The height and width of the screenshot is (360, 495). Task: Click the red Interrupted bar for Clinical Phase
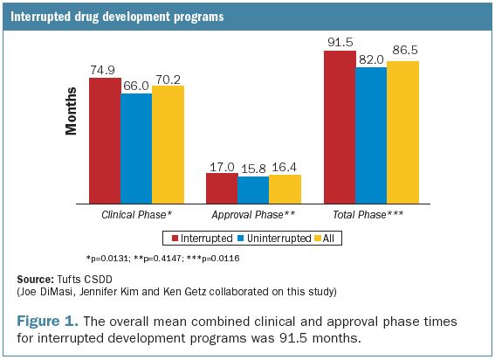(x=105, y=140)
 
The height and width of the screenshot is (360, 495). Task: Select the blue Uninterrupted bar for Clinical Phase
(x=136, y=148)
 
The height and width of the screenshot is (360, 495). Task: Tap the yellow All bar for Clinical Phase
(x=168, y=143)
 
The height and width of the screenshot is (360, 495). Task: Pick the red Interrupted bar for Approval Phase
(x=222, y=188)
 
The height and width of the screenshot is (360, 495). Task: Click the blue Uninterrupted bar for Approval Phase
(x=253, y=190)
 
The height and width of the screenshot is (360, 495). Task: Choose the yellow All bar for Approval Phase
(x=285, y=189)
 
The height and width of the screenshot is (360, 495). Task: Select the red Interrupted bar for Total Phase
(x=340, y=127)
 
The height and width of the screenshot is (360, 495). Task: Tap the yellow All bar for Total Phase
(x=402, y=131)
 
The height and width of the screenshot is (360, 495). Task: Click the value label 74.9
(x=105, y=69)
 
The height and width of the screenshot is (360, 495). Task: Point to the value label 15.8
(x=253, y=170)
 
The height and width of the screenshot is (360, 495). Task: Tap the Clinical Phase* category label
(x=136, y=213)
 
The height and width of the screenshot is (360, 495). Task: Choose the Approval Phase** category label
(x=253, y=213)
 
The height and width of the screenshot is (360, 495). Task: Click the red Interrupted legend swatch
(x=175, y=237)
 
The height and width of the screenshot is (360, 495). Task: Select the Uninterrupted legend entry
(x=271, y=237)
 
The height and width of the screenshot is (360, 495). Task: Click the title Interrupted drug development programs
(x=119, y=17)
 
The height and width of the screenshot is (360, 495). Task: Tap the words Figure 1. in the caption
(x=49, y=321)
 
